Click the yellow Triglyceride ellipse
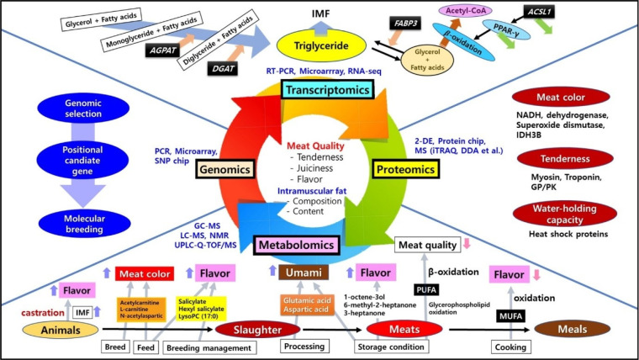click(x=321, y=45)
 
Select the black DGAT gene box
click(x=223, y=68)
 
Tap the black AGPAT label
click(x=162, y=50)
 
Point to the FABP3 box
click(x=405, y=24)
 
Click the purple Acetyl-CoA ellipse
click(x=466, y=11)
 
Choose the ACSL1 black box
click(x=539, y=12)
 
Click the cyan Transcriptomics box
click(x=327, y=90)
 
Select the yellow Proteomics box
click(x=405, y=169)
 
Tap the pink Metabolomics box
click(x=296, y=245)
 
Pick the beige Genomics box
click(x=224, y=169)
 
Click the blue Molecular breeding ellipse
click(x=84, y=224)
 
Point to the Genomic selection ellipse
click(x=83, y=108)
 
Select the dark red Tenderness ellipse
click(x=565, y=159)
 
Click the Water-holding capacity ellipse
click(x=565, y=214)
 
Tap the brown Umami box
click(x=304, y=273)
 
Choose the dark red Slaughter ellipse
click(x=257, y=330)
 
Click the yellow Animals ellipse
click(x=61, y=330)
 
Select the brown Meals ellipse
click(x=573, y=329)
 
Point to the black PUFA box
click(x=426, y=290)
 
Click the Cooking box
click(x=510, y=347)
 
